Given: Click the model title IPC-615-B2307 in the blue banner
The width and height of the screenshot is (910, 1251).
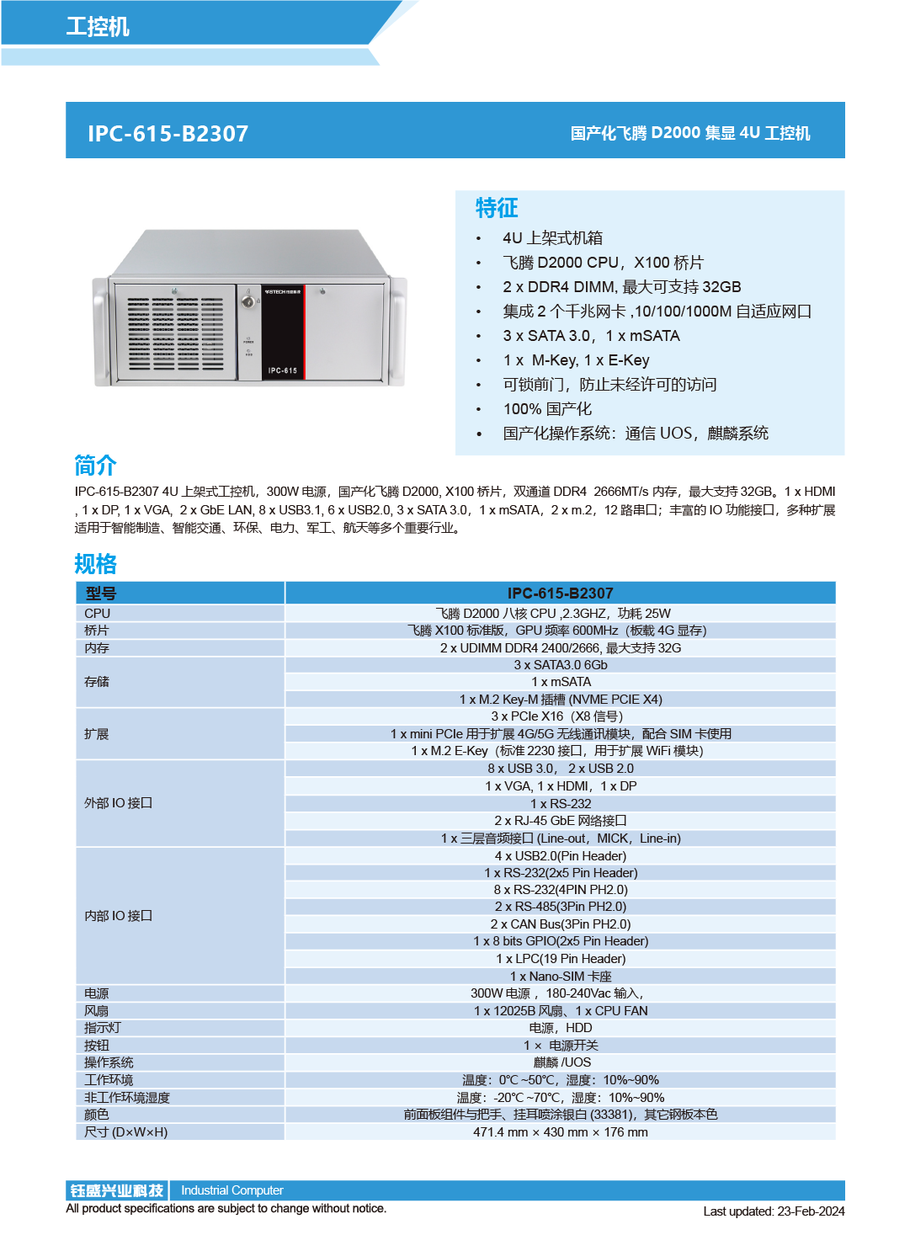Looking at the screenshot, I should coord(168,133).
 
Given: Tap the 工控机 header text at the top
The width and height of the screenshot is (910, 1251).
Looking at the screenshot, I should coord(98,26).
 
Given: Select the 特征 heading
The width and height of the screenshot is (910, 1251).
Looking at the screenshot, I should coord(497,207).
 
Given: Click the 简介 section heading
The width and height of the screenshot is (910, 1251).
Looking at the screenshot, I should coord(95,465).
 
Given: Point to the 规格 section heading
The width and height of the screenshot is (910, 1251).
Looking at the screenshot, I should coord(95,563).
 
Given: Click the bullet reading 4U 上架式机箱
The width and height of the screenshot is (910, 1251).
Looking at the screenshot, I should coord(552,238).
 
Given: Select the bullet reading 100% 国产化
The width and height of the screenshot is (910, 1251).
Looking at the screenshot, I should coord(547,409).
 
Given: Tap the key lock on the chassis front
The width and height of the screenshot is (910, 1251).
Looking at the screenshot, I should coord(248,301).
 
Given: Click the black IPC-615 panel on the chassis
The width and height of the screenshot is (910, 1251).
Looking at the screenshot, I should coord(283,333).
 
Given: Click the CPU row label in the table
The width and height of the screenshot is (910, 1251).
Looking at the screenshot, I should coord(98,614).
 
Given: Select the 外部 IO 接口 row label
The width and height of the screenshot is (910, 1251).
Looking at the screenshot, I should coord(118,803).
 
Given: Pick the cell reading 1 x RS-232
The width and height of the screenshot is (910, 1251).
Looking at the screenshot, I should coord(561,804).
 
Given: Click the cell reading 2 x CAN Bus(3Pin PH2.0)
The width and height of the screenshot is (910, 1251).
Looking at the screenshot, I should coord(561,924).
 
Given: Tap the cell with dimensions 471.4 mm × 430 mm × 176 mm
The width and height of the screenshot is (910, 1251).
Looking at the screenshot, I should coord(561,1132).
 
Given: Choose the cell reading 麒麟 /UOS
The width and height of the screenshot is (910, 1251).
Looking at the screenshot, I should coord(561,1062).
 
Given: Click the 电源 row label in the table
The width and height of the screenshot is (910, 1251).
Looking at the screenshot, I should coord(97,993).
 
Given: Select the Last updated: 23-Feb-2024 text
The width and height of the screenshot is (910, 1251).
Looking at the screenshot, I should coord(774,1211).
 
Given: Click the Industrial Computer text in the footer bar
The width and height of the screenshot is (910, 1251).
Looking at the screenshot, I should coord(232,1190).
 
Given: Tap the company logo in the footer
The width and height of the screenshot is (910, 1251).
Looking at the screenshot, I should coord(117,1190).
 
